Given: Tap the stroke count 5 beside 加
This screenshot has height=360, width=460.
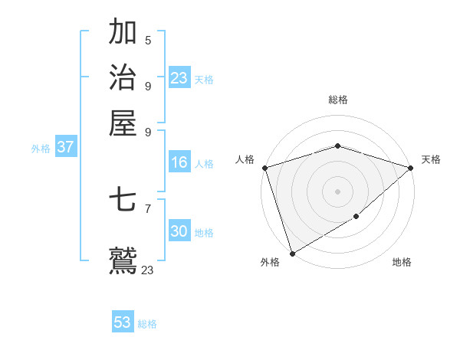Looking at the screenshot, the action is (x=148, y=41).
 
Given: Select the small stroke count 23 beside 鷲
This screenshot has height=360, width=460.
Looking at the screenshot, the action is (x=148, y=270).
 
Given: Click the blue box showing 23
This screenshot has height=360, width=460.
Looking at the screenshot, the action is (x=179, y=77).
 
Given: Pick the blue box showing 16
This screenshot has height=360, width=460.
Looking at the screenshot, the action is (x=179, y=162).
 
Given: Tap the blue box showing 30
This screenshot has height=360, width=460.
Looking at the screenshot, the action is (x=179, y=231).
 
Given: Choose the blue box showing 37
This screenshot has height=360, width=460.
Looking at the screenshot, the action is (x=65, y=147).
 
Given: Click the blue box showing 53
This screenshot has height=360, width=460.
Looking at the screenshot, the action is (x=123, y=322).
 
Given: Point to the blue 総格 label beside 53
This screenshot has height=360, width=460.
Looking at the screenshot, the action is (x=148, y=324).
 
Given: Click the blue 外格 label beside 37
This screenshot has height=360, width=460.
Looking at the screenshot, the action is (x=41, y=149).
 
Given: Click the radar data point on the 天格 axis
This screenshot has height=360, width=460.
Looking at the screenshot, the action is (x=411, y=168).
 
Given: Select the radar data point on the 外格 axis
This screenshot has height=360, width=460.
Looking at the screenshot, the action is (x=292, y=254).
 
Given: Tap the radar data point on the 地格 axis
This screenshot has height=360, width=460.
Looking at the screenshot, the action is (x=356, y=218).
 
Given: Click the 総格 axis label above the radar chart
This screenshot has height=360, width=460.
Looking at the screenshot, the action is (x=337, y=99).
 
